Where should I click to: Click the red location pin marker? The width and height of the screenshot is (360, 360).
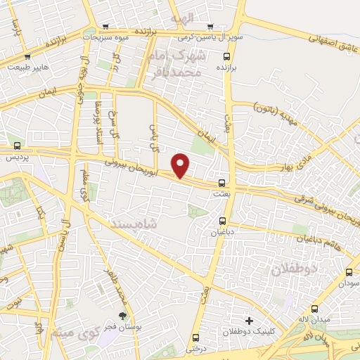coord(181,165)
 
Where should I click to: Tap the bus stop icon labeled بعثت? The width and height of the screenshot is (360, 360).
coord(222,179)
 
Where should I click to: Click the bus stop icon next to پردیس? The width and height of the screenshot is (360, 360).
coord(16,146)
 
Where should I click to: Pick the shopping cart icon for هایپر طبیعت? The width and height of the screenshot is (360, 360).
coord(27,57)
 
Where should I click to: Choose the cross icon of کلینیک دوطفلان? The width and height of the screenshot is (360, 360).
coord(247,321)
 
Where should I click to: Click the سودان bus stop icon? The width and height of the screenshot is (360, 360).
coord(349,272)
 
